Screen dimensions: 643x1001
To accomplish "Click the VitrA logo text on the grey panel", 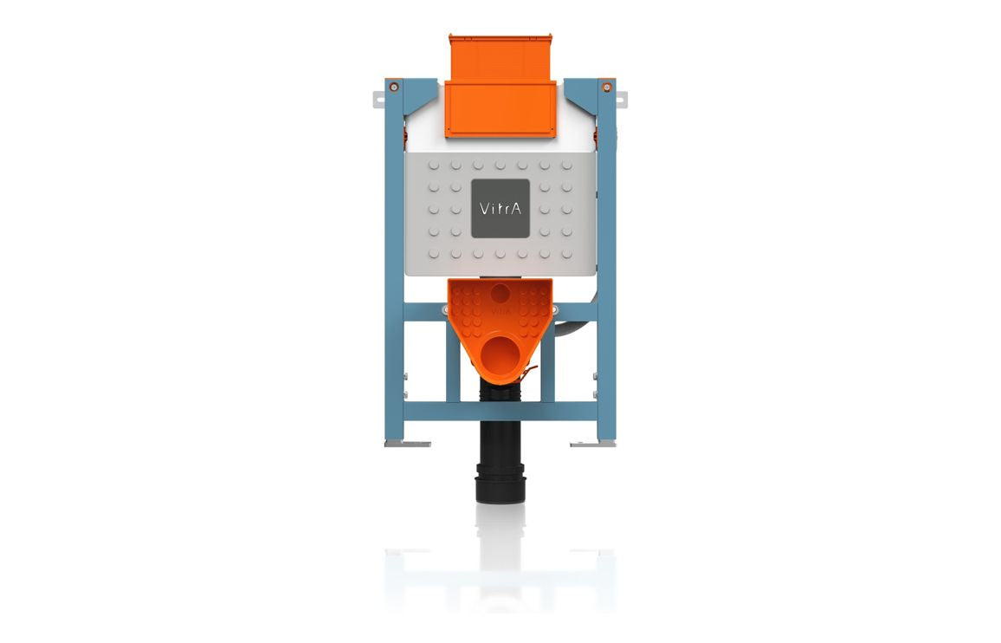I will coord(500,209).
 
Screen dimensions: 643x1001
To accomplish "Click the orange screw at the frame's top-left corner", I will coord(394,87).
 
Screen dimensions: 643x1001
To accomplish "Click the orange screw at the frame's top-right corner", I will coord(607,87).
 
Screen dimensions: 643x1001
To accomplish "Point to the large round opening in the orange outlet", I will coord(500,355).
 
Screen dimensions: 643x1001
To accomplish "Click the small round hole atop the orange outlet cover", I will coord(500,293).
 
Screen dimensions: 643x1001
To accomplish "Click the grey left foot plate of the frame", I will coord(408,445).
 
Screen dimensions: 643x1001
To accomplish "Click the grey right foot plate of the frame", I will coord(592,445).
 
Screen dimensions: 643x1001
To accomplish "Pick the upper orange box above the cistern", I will coord(500,57).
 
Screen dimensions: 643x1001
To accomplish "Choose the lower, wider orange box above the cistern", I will coord(500,108).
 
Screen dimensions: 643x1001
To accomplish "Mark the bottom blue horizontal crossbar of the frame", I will coord(500,411).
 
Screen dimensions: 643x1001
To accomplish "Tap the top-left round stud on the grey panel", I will coord(433,164).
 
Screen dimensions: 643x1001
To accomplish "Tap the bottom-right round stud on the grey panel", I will coord(566,254).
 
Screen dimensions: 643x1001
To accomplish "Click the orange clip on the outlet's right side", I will coord(527,373).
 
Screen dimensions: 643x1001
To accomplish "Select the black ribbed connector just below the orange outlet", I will coord(500,393).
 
